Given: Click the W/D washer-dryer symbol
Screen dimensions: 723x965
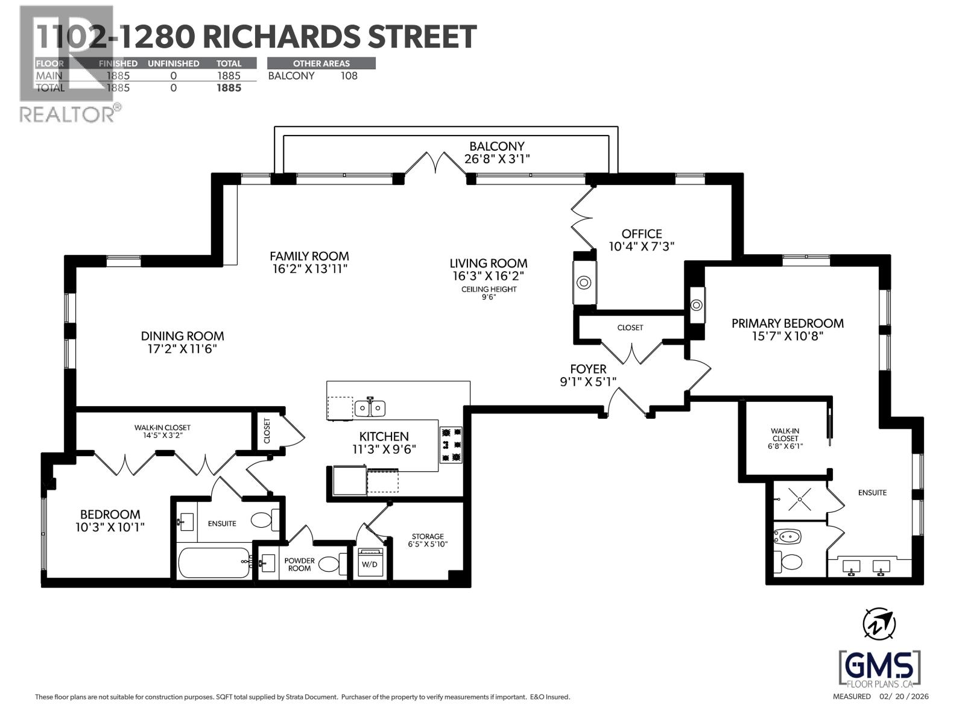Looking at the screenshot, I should pyautogui.click(x=369, y=563).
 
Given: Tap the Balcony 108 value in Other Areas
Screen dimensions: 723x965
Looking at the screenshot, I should pyautogui.click(x=349, y=76).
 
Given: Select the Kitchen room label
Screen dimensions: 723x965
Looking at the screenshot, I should pyautogui.click(x=384, y=436).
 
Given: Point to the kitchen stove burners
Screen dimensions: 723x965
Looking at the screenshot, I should pyautogui.click(x=451, y=445).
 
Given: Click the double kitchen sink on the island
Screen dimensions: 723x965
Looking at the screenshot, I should pyautogui.click(x=370, y=408).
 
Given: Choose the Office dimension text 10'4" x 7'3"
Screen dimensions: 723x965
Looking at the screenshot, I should pyautogui.click(x=642, y=246).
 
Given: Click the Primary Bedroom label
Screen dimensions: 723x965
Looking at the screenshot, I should pyautogui.click(x=787, y=324).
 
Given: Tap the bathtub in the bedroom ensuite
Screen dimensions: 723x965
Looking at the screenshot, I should pyautogui.click(x=214, y=562).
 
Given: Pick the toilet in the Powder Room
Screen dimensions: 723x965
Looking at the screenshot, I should pyautogui.click(x=329, y=564).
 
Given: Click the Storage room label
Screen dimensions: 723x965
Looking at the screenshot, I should pyautogui.click(x=428, y=536).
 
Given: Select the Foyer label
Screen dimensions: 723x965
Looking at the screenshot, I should pyautogui.click(x=588, y=369).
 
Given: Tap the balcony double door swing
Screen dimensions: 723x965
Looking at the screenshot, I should pyautogui.click(x=435, y=163).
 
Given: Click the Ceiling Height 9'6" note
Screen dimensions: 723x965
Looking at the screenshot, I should pyautogui.click(x=489, y=293).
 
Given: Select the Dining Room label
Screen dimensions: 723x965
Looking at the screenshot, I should pyautogui.click(x=182, y=336).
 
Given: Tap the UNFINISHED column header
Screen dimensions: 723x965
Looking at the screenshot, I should pyautogui.click(x=174, y=63).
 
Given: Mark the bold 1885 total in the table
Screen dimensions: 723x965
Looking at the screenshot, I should pyautogui.click(x=229, y=88).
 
